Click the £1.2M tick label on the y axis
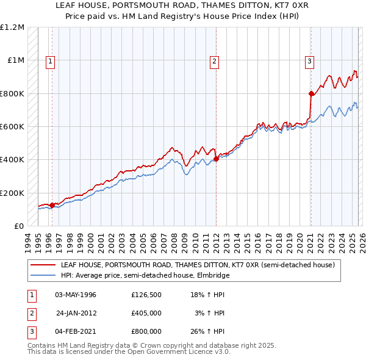click(x=12, y=27)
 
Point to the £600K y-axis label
click(x=12, y=127)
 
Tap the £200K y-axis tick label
click(x=12, y=193)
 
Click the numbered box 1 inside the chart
click(x=49, y=60)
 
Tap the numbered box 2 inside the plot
click(x=215, y=60)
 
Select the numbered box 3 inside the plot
click(x=309, y=60)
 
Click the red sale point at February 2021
click(x=311, y=93)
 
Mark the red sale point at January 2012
click(x=217, y=159)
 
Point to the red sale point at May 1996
click(x=52, y=205)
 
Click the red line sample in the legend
click(x=44, y=265)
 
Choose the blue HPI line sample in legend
click(x=44, y=275)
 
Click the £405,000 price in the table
click(x=146, y=313)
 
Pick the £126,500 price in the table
click(x=146, y=295)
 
